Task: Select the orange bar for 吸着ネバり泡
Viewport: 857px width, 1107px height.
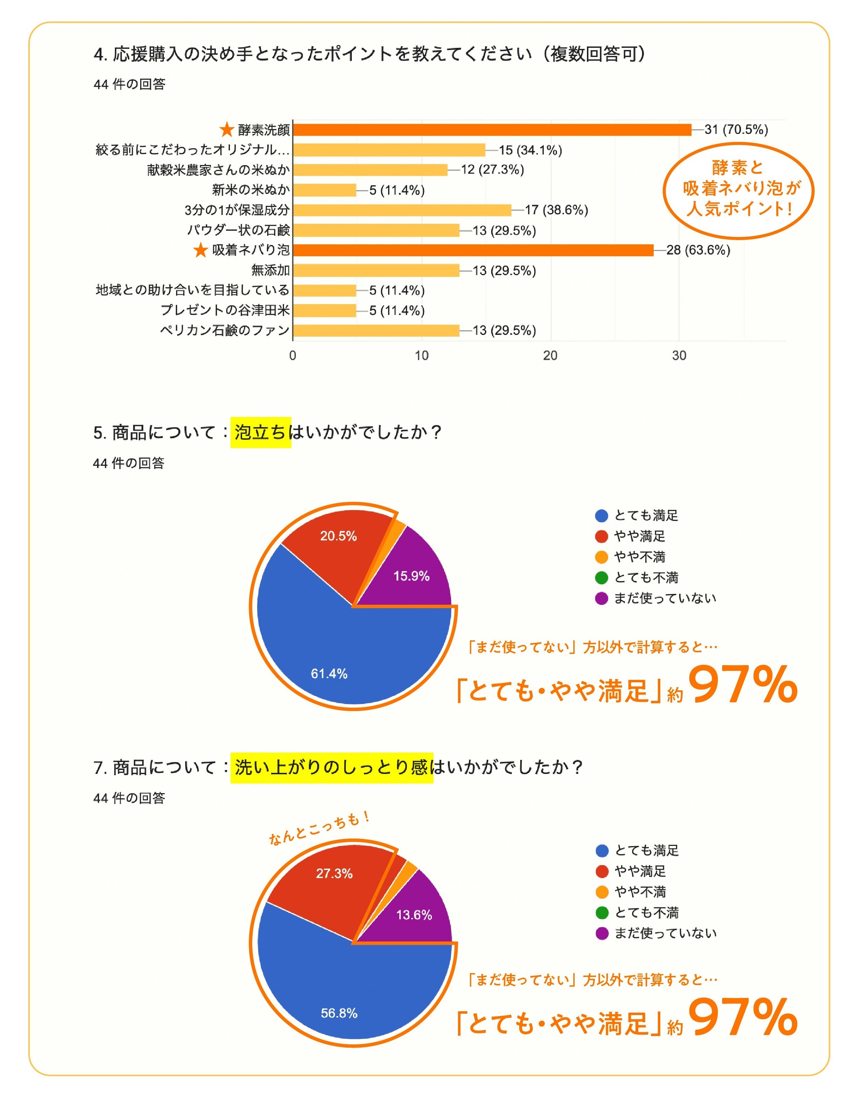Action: click(x=473, y=250)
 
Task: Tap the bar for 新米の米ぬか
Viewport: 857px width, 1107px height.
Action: click(x=324, y=190)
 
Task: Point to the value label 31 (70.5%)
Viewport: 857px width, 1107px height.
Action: click(x=736, y=130)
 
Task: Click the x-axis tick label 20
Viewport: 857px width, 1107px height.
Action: click(x=550, y=356)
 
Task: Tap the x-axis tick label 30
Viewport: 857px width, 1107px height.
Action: click(x=679, y=356)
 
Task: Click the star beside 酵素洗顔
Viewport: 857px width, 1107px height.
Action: click(x=226, y=130)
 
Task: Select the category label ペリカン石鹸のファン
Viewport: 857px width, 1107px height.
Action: click(x=225, y=330)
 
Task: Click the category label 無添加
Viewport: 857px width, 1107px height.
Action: click(x=270, y=270)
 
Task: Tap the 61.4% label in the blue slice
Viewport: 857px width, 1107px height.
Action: click(x=329, y=674)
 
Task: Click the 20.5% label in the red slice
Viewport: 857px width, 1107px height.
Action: click(x=338, y=536)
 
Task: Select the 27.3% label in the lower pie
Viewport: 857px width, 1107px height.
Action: click(x=334, y=874)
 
